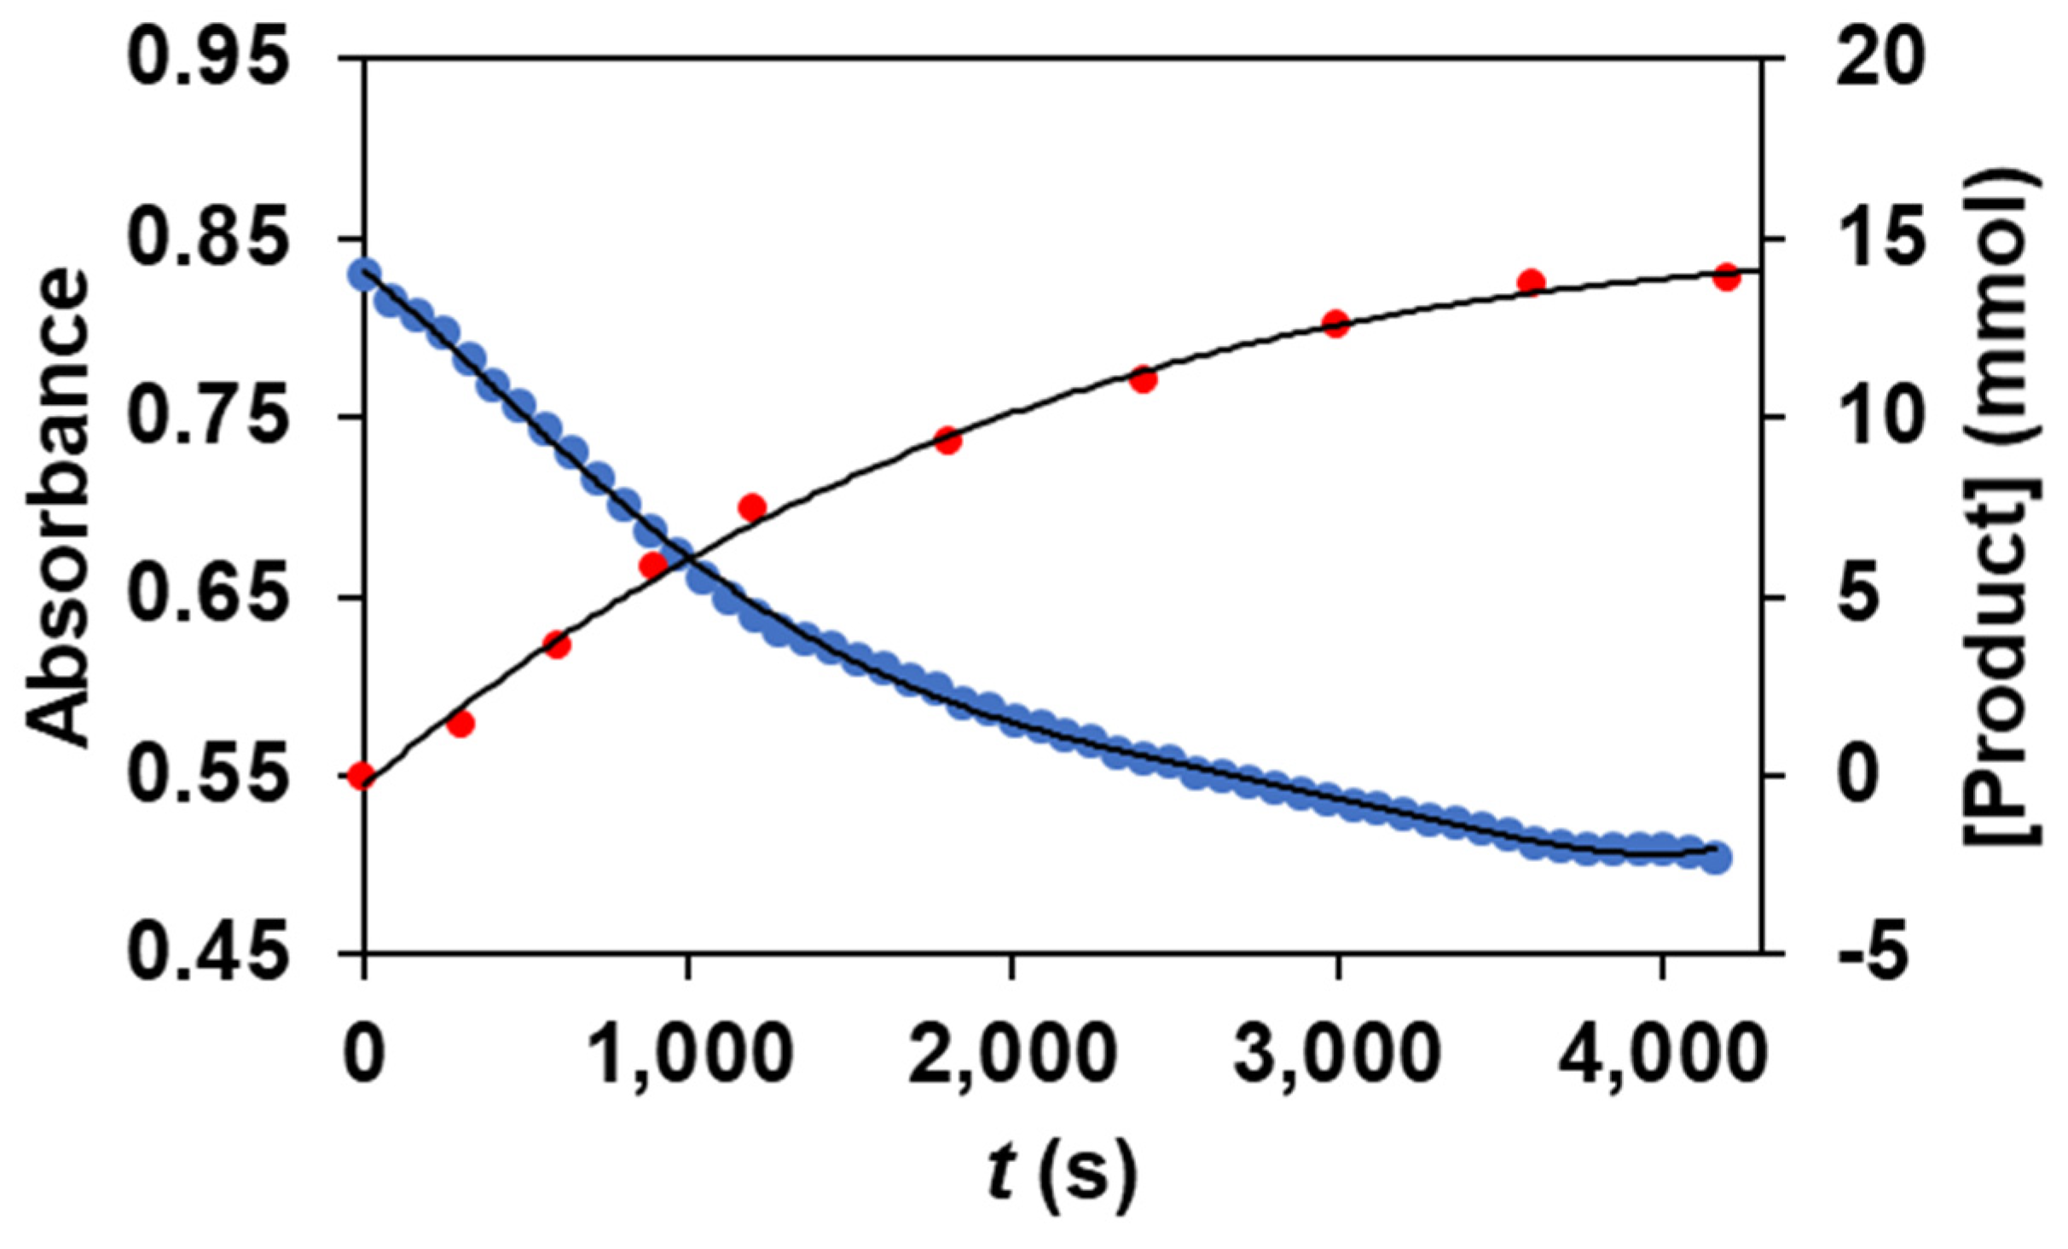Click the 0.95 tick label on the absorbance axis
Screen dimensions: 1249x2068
(x=207, y=59)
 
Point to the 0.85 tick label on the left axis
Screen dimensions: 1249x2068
(x=207, y=239)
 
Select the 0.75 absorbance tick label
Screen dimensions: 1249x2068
(x=207, y=418)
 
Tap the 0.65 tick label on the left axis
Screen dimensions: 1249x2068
(x=207, y=597)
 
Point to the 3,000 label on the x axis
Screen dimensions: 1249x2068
(x=1338, y=1055)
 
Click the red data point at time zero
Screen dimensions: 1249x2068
(x=362, y=776)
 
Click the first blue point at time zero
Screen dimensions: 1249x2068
(x=364, y=275)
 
